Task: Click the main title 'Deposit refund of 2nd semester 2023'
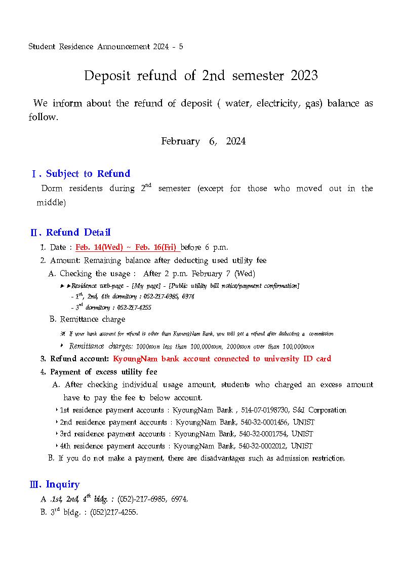pos(200,76)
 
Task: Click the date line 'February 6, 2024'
pos(203,141)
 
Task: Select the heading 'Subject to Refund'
pos(88,174)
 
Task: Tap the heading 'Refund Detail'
pos(78,233)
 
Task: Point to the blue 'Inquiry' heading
pos(63,484)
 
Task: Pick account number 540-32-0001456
pos(263,422)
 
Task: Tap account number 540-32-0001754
pos(263,434)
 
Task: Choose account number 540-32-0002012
pos(263,446)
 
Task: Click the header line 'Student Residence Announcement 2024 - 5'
pos(106,47)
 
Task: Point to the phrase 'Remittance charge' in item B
pos(92,320)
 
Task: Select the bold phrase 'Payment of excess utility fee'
pos(103,372)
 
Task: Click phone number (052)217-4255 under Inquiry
pos(114,512)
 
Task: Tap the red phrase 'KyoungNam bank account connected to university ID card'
pos(222,359)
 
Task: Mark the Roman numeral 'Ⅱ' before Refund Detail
pos(34,233)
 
